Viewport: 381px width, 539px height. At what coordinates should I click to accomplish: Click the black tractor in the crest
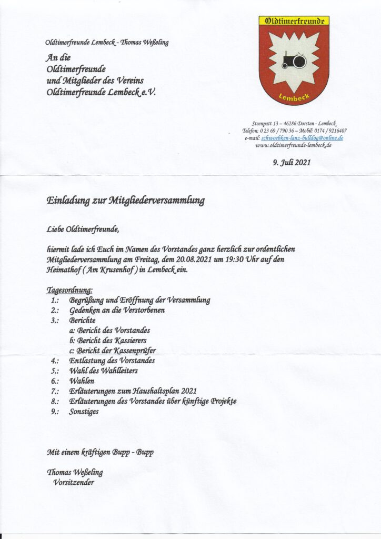coord(294,61)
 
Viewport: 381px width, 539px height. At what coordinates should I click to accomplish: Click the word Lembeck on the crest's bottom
coord(294,96)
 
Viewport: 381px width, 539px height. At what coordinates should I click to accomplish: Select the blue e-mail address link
coord(302,137)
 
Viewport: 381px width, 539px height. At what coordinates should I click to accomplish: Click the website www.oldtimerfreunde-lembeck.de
coord(293,145)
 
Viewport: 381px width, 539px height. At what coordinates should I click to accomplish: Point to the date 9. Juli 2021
coord(292,163)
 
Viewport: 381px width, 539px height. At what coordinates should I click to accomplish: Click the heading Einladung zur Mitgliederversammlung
coord(126,201)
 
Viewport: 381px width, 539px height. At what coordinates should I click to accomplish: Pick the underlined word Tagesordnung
coord(70,290)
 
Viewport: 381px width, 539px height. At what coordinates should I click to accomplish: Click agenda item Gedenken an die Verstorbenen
coord(116,311)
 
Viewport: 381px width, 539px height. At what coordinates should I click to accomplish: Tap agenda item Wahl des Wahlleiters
coord(103,371)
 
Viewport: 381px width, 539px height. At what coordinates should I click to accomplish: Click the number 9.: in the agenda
coord(55,411)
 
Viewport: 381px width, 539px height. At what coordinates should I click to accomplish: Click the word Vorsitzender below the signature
coord(74,482)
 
